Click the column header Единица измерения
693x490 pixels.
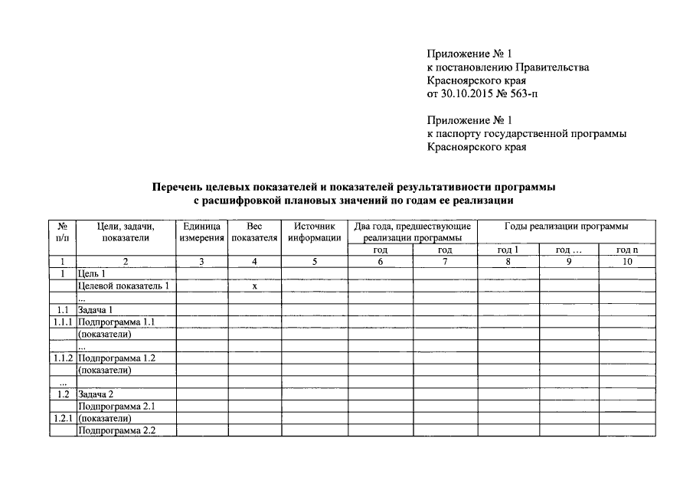coord(202,232)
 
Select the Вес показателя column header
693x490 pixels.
coord(254,232)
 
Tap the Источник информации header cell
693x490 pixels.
coord(314,232)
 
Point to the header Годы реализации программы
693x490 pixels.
coord(567,227)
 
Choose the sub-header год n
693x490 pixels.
coord(627,250)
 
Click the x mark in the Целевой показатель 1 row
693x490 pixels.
coord(254,286)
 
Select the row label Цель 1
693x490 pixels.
coord(92,273)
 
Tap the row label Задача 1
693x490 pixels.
coord(96,310)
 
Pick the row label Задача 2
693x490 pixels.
coord(96,394)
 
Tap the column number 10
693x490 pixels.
coord(627,262)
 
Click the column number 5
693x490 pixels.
coord(314,262)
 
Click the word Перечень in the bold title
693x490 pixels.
coord(176,187)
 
